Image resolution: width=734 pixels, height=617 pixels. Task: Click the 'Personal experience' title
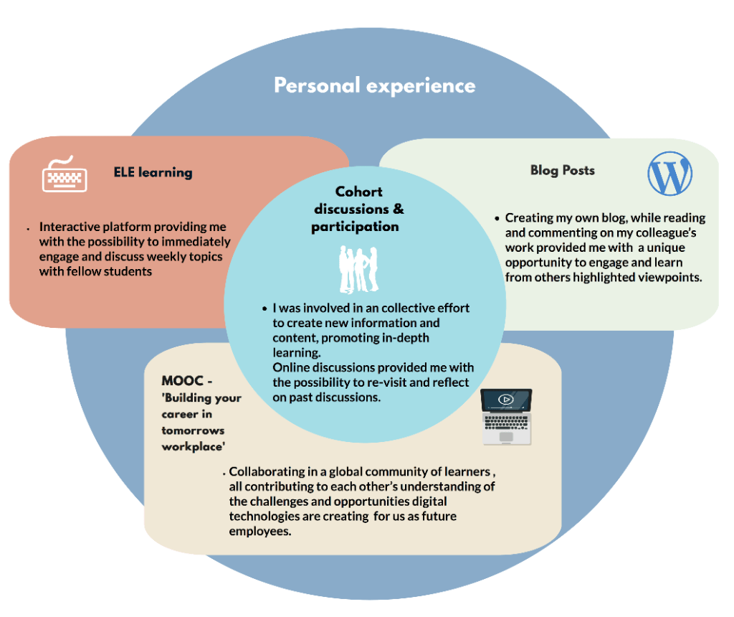tap(374, 86)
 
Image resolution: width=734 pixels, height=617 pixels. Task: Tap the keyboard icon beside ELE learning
tap(65, 174)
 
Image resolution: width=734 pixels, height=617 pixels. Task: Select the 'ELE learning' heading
tap(153, 172)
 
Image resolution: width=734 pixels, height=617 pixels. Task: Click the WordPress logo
tap(669, 174)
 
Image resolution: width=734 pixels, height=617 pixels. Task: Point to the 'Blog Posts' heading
tap(562, 170)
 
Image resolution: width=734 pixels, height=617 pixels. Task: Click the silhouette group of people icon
tap(358, 268)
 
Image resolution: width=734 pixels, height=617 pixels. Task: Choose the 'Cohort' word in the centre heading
tap(359, 192)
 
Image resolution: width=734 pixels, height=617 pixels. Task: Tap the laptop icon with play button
tap(506, 416)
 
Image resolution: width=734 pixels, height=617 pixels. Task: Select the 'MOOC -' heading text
tap(187, 381)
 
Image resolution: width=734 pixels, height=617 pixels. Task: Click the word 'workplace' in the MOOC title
tap(194, 446)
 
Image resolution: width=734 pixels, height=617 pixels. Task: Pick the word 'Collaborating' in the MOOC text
tap(270, 471)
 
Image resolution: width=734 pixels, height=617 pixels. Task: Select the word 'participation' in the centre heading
tap(355, 227)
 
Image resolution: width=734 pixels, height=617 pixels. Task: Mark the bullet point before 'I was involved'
tap(264, 308)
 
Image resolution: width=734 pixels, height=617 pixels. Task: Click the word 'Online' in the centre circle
tap(291, 367)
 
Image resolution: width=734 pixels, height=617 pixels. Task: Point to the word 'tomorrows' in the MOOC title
tap(194, 430)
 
